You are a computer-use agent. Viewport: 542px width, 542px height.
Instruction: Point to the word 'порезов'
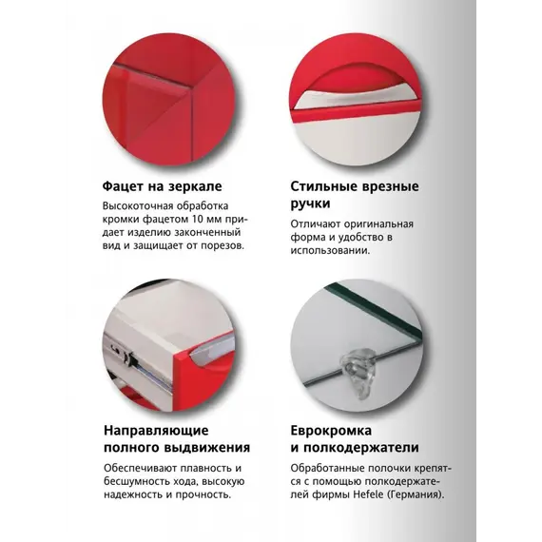coord(219,245)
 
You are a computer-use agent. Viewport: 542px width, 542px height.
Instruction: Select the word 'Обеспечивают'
coord(143,468)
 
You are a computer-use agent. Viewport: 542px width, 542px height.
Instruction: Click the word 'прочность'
coord(203,494)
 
